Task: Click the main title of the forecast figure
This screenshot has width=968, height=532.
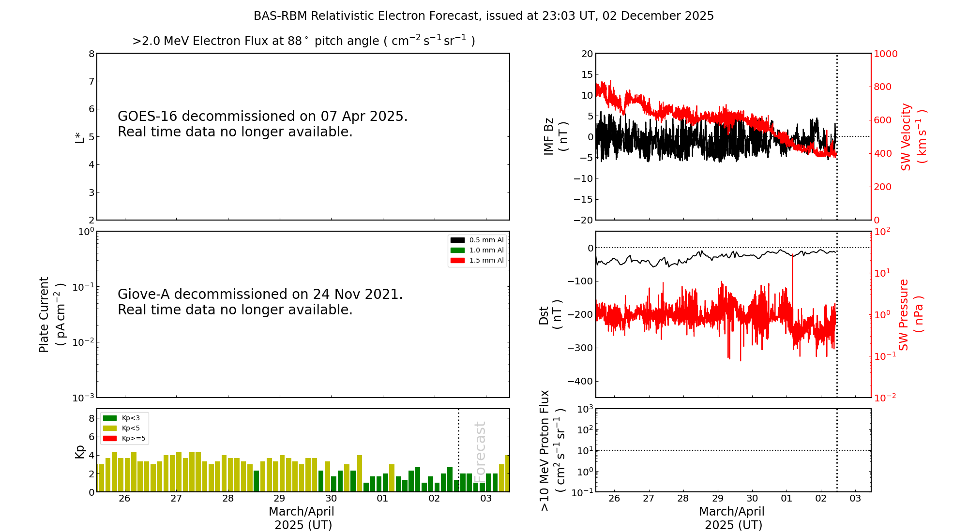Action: point(484,16)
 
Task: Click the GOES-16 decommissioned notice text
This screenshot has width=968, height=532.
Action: point(262,124)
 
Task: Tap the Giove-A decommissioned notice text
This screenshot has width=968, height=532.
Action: point(260,302)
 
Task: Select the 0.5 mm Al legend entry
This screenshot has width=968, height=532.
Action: point(477,240)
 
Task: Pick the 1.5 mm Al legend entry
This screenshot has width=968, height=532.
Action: point(477,260)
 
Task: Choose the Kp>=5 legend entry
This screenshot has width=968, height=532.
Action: point(124,439)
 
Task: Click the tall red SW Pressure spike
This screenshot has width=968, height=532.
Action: point(792,281)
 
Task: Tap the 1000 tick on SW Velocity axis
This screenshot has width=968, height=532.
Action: point(885,54)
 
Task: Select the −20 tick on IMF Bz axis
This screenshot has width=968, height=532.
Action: point(583,220)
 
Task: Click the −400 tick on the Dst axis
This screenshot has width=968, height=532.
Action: point(580,381)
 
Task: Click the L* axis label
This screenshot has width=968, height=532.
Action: point(80,137)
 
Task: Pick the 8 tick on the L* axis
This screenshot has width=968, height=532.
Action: point(91,54)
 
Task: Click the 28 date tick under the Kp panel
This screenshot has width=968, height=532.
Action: point(228,499)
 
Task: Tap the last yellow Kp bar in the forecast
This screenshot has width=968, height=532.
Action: point(507,473)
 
